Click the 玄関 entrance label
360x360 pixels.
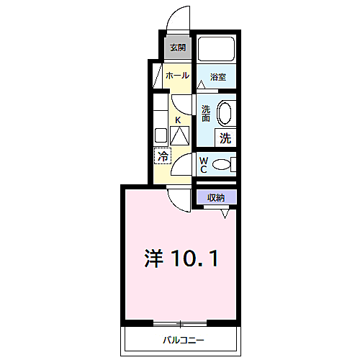(178, 48)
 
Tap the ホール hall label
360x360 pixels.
(177, 76)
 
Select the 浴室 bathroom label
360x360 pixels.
(218, 77)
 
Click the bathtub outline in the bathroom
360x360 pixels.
(216, 49)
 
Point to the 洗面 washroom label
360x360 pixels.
(206, 114)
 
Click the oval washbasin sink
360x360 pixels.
(224, 114)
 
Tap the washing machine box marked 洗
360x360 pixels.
(225, 138)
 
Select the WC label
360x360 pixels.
(204, 165)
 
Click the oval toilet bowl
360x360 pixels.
(221, 165)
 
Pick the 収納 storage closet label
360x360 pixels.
(216, 197)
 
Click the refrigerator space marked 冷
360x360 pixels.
(163, 156)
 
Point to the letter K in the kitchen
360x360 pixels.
(178, 120)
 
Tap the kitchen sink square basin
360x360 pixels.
(161, 135)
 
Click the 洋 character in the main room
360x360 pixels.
(153, 258)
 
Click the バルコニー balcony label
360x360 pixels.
(184, 340)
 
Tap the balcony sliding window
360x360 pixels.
(180, 323)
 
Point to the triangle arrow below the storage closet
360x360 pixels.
(225, 214)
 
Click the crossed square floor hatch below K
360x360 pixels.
(179, 135)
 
